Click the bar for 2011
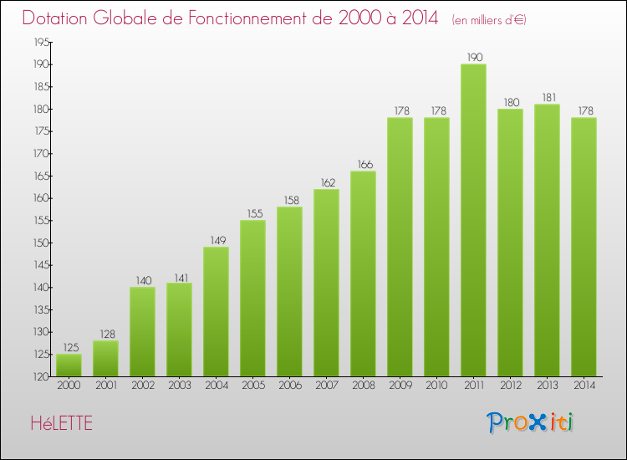pyautogui.click(x=473, y=221)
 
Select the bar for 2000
pyautogui.click(x=69, y=365)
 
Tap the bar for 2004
pyautogui.click(x=216, y=312)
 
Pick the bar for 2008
pyautogui.click(x=363, y=274)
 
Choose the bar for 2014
pyautogui.click(x=584, y=248)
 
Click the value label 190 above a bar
pyautogui.click(x=473, y=58)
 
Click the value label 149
pyautogui.click(x=216, y=240)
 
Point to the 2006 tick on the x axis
pyautogui.click(x=289, y=386)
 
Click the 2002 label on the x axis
pyautogui.click(x=142, y=386)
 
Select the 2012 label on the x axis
pyautogui.click(x=510, y=386)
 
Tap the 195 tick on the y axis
pyautogui.click(x=39, y=42)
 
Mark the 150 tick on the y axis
pyautogui.click(x=39, y=243)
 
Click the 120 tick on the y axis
pyautogui.click(x=39, y=376)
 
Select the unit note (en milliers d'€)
pyautogui.click(x=489, y=19)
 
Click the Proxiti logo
pyautogui.click(x=531, y=422)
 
